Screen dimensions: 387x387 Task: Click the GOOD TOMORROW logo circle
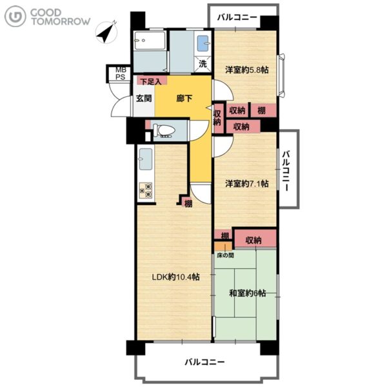[15, 16]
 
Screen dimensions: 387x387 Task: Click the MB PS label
[121, 74]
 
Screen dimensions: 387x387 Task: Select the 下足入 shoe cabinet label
[151, 81]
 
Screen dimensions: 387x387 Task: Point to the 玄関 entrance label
[144, 99]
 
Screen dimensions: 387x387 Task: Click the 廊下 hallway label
[184, 99]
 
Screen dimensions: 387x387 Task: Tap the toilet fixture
[164, 130]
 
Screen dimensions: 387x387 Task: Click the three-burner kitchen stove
[146, 190]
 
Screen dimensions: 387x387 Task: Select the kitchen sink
[146, 159]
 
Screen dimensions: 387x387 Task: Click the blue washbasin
[203, 43]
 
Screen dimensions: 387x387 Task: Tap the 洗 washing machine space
[203, 64]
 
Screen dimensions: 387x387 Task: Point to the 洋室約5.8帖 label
[246, 70]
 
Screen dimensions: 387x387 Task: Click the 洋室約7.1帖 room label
[246, 184]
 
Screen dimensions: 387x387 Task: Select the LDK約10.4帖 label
[175, 277]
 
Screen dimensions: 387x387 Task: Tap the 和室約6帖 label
[248, 293]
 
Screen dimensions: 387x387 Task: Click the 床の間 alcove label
[225, 255]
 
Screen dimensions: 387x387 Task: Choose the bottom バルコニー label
[205, 362]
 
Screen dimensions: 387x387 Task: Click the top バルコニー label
[237, 17]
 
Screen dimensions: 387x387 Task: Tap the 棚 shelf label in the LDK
[188, 204]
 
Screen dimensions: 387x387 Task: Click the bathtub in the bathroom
[150, 40]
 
